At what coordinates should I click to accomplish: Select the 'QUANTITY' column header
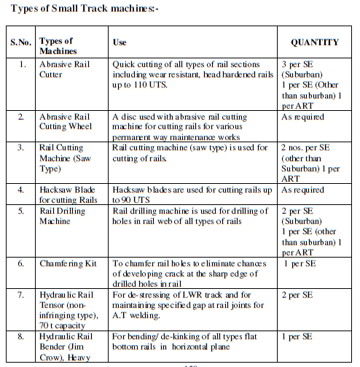[x=315, y=43]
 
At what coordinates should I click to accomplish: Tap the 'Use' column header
[x=120, y=43]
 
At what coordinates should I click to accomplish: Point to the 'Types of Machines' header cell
[x=58, y=43]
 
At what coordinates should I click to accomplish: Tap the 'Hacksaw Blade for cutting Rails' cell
[x=66, y=194]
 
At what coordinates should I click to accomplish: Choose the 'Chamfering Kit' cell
[x=69, y=263]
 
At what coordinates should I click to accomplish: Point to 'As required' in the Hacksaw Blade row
[x=303, y=190]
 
